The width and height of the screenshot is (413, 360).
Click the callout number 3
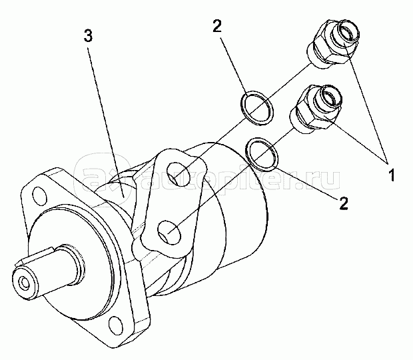88,35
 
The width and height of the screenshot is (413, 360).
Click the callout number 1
392,175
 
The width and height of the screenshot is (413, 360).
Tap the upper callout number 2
217,27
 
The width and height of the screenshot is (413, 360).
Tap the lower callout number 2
344,203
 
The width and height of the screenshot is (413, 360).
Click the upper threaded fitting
333,43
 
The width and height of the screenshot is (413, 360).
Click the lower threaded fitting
315,109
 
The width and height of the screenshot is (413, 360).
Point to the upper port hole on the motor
179,175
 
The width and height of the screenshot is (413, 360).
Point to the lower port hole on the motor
169,233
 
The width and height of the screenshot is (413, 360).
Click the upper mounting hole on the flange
39,197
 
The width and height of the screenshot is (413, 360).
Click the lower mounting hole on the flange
115,325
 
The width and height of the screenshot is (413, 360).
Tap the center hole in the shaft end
25,283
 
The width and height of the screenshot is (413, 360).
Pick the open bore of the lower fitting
330,97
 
